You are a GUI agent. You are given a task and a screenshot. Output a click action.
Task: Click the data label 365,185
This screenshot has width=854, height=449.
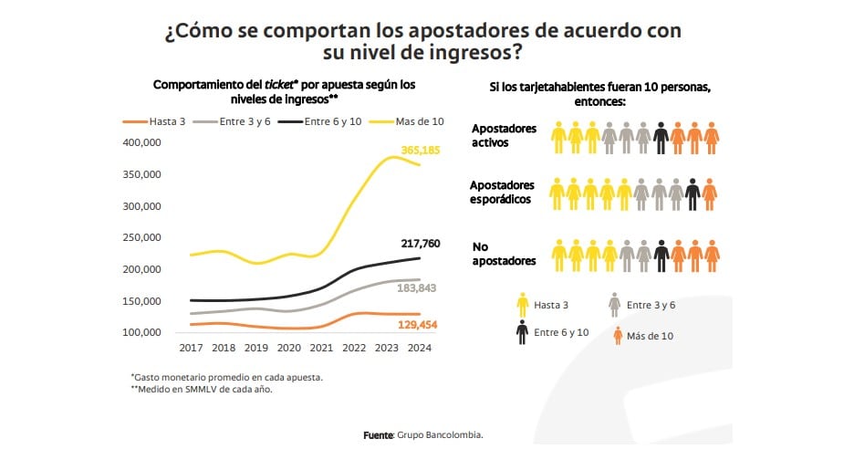pyautogui.click(x=421, y=150)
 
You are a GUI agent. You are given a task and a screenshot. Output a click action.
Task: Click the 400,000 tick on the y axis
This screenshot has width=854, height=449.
pyautogui.click(x=141, y=142)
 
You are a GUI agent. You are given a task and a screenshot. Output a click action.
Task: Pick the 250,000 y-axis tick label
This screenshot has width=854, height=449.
pyautogui.click(x=141, y=237)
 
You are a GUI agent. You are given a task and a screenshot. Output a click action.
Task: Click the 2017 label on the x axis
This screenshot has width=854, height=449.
pyautogui.click(x=191, y=349)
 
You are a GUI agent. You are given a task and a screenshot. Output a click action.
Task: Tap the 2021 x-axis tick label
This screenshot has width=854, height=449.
pyautogui.click(x=320, y=349)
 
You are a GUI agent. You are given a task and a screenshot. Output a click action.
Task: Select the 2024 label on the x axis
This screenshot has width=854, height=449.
pyautogui.click(x=418, y=349)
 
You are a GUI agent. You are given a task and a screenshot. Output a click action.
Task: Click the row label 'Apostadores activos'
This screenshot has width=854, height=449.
pyautogui.click(x=504, y=136)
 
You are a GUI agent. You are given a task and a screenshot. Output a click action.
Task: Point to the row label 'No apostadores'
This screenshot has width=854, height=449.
pyautogui.click(x=504, y=254)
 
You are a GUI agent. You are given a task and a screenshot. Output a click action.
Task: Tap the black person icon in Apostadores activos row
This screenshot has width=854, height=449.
pyautogui.click(x=661, y=137)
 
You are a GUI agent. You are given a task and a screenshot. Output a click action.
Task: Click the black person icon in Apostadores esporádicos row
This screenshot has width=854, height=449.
pyautogui.click(x=693, y=193)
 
